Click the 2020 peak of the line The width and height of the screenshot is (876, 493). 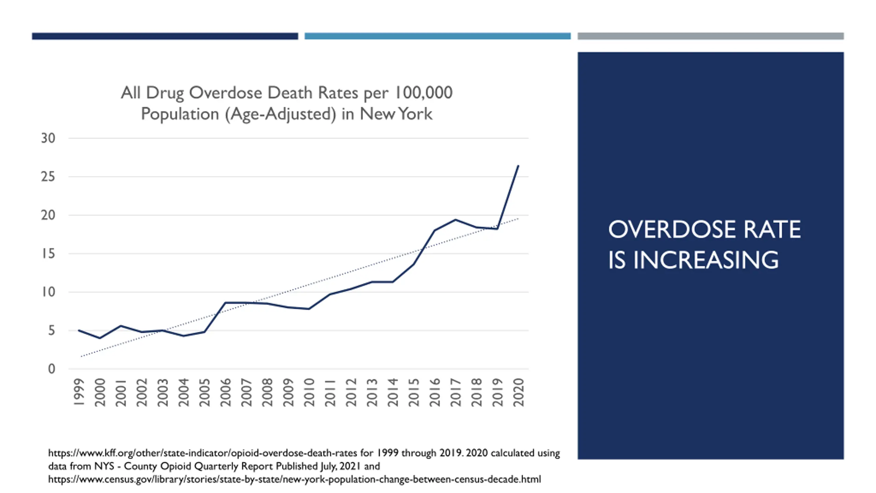(518, 166)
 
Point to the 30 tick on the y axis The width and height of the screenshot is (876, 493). (48, 138)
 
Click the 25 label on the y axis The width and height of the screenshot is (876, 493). (48, 177)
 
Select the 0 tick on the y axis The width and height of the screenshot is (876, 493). (51, 369)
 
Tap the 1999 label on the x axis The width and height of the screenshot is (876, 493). (79, 392)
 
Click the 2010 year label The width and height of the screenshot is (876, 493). (309, 392)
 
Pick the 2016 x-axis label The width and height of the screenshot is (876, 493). (435, 392)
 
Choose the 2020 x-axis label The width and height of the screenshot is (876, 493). (518, 392)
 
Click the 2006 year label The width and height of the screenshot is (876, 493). (225, 392)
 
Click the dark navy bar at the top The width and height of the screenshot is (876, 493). (165, 36)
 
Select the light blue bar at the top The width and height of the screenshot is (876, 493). (437, 36)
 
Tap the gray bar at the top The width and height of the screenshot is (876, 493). (710, 36)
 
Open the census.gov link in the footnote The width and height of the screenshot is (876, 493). (294, 479)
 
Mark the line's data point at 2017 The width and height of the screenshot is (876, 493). (455, 220)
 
